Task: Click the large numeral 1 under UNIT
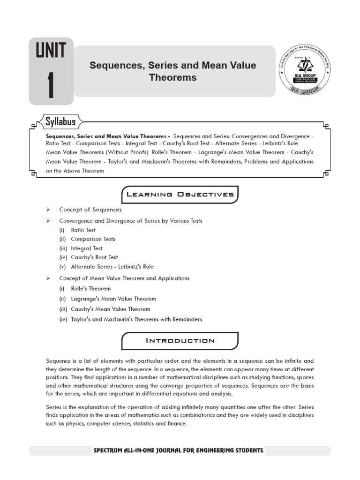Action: [51, 84]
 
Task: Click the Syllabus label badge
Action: [60, 122]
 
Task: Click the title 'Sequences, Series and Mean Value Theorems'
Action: [172, 71]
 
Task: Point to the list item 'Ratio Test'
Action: [83, 230]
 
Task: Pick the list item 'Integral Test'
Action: [86, 248]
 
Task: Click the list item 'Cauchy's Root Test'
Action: [94, 257]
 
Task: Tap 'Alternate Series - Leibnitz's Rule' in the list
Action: [112, 267]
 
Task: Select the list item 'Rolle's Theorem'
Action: [90, 289]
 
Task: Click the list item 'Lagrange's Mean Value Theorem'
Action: [113, 299]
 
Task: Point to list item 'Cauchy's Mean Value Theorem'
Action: [111, 309]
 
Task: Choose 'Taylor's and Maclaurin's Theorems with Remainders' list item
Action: [136, 320]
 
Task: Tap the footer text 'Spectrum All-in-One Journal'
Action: [178, 450]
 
